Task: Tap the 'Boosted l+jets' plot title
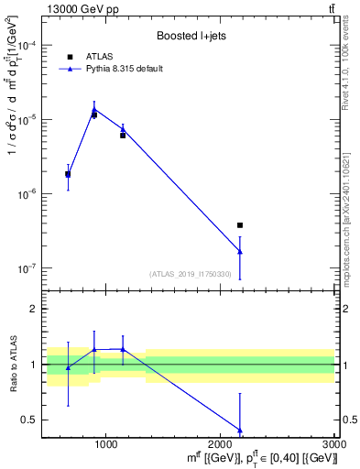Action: (190, 37)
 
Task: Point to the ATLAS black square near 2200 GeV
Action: (240, 224)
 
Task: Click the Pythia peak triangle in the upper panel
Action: (94, 110)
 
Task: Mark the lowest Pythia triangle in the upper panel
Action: (240, 251)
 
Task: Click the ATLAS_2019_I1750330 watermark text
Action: (191, 274)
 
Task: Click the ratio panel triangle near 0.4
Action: (240, 430)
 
